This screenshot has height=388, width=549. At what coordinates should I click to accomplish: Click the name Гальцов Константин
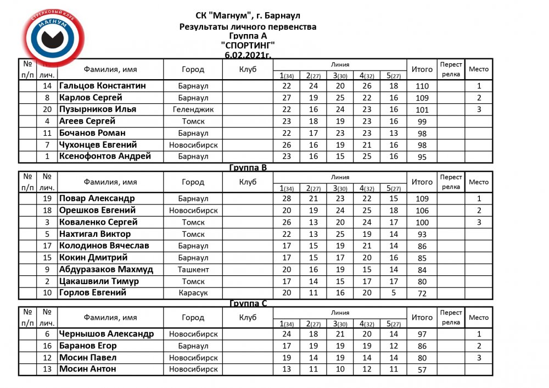coord(102,86)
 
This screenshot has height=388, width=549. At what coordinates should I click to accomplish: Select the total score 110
coord(422,86)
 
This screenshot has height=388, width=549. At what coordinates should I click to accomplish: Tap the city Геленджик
coord(193,109)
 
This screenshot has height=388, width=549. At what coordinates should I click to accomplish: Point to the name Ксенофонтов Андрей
coord(105,156)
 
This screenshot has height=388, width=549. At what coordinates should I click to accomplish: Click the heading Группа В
coord(248,168)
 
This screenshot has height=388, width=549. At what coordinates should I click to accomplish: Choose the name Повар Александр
coord(97,198)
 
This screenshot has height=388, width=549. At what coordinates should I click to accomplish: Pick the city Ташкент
coord(193,269)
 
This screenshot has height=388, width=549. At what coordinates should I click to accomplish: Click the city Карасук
coord(193,293)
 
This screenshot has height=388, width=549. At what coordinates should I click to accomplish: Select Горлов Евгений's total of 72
coord(422,294)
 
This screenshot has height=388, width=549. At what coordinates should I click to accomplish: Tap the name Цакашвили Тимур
coord(99,281)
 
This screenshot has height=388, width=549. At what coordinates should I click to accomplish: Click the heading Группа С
coord(248,303)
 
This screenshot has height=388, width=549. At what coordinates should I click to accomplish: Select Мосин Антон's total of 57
coord(422,370)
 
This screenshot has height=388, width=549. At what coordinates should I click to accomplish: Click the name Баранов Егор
coord(88,346)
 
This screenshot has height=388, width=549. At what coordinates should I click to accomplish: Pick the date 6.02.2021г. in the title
coord(248,54)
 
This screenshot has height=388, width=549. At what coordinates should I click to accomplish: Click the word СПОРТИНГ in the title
coord(248,45)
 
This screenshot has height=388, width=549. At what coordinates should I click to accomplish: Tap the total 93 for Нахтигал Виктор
coord(422,235)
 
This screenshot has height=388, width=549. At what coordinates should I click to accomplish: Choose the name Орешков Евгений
coord(98,210)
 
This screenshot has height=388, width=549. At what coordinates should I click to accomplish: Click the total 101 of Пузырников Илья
coord(422,110)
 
